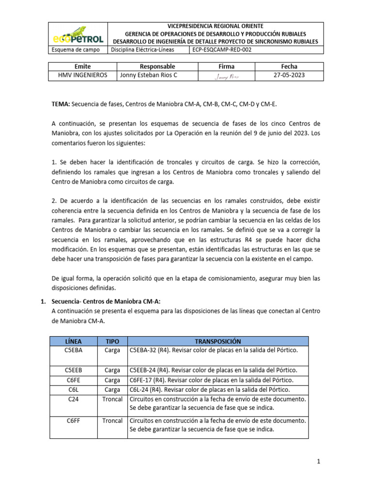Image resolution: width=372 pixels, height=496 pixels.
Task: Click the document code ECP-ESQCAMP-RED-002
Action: (221, 50)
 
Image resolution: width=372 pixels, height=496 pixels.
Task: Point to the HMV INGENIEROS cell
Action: (82, 76)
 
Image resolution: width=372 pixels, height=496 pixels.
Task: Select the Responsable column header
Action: (157, 66)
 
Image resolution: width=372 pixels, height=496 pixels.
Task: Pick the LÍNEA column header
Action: (74, 341)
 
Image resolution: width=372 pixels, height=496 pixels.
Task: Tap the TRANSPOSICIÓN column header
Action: (217, 341)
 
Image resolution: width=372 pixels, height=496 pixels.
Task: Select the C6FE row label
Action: (74, 380)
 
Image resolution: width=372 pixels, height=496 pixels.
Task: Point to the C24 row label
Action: (74, 399)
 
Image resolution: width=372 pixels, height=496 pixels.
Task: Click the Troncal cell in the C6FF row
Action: (112, 420)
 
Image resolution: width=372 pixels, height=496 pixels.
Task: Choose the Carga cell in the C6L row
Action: (112, 389)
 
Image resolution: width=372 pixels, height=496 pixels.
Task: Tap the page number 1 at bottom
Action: (319, 462)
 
